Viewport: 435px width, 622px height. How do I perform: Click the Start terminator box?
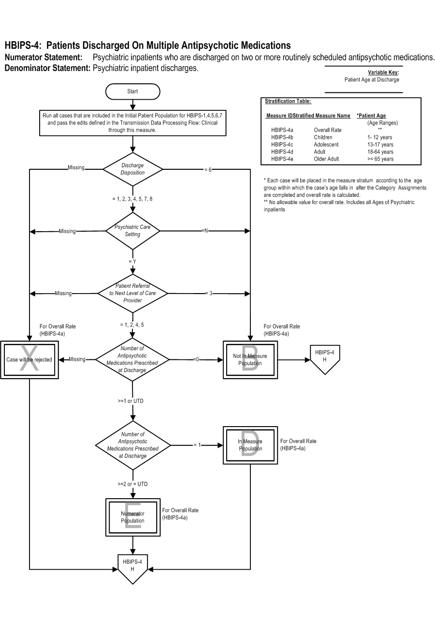tap(132, 91)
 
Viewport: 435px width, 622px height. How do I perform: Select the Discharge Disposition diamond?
tap(132, 169)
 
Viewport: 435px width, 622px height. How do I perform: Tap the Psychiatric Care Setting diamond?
tap(132, 231)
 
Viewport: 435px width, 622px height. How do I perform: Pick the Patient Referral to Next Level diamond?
tap(132, 293)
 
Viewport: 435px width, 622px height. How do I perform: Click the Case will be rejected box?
tap(29, 360)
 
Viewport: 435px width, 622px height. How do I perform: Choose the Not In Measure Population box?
tap(250, 360)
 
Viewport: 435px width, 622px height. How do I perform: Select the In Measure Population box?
tap(250, 445)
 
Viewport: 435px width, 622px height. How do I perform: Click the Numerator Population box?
tap(133, 517)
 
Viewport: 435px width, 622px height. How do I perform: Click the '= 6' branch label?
tap(208, 170)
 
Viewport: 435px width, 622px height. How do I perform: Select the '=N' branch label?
tap(205, 231)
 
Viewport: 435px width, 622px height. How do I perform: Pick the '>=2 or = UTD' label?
tap(132, 484)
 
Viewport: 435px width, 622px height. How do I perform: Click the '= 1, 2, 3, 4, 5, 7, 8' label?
tap(132, 199)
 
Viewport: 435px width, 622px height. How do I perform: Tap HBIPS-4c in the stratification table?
tap(282, 145)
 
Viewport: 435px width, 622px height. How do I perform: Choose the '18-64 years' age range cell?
tap(380, 151)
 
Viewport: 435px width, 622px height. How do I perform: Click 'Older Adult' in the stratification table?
tap(326, 159)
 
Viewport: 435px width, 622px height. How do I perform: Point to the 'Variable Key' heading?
tap(383, 72)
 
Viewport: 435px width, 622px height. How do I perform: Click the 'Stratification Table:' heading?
tap(288, 101)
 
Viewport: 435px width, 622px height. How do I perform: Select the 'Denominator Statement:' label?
tap(47, 68)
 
